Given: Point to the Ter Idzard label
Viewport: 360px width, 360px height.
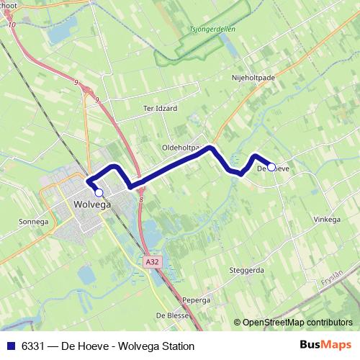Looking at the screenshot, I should pyautogui.click(x=159, y=108).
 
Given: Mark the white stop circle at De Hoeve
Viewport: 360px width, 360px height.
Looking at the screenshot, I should pyautogui.click(x=271, y=168).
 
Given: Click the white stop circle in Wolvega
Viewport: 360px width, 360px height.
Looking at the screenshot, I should pyautogui.click(x=99, y=193).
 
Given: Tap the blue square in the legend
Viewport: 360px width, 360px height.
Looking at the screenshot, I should pyautogui.click(x=12, y=346).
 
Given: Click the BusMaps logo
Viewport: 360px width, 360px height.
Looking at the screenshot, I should pyautogui.click(x=325, y=346).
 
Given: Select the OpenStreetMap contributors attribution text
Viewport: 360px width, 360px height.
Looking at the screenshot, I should pyautogui.click(x=297, y=323).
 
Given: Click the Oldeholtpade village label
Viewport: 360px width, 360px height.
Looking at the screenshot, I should pyautogui.click(x=184, y=147).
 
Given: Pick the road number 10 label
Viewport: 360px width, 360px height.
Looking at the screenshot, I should pyautogui.click(x=12, y=25).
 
